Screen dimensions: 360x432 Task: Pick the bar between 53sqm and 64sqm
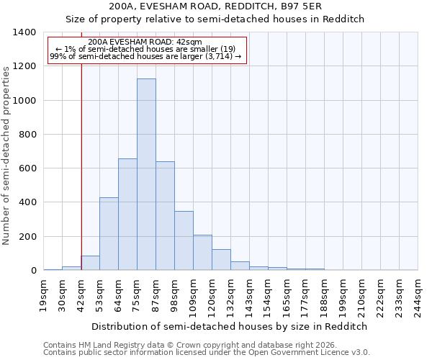(109, 234)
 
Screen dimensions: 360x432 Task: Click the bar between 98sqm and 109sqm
(184, 240)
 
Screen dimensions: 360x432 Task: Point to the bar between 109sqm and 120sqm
(202, 253)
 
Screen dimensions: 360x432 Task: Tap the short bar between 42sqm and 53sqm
(90, 264)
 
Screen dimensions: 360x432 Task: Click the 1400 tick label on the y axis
(24, 32)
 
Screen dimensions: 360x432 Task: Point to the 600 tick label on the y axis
(27, 168)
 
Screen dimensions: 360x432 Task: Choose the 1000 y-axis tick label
(24, 101)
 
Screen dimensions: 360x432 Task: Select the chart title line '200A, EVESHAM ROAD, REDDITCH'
(230, 6)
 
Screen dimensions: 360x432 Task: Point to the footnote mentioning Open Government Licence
(207, 353)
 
